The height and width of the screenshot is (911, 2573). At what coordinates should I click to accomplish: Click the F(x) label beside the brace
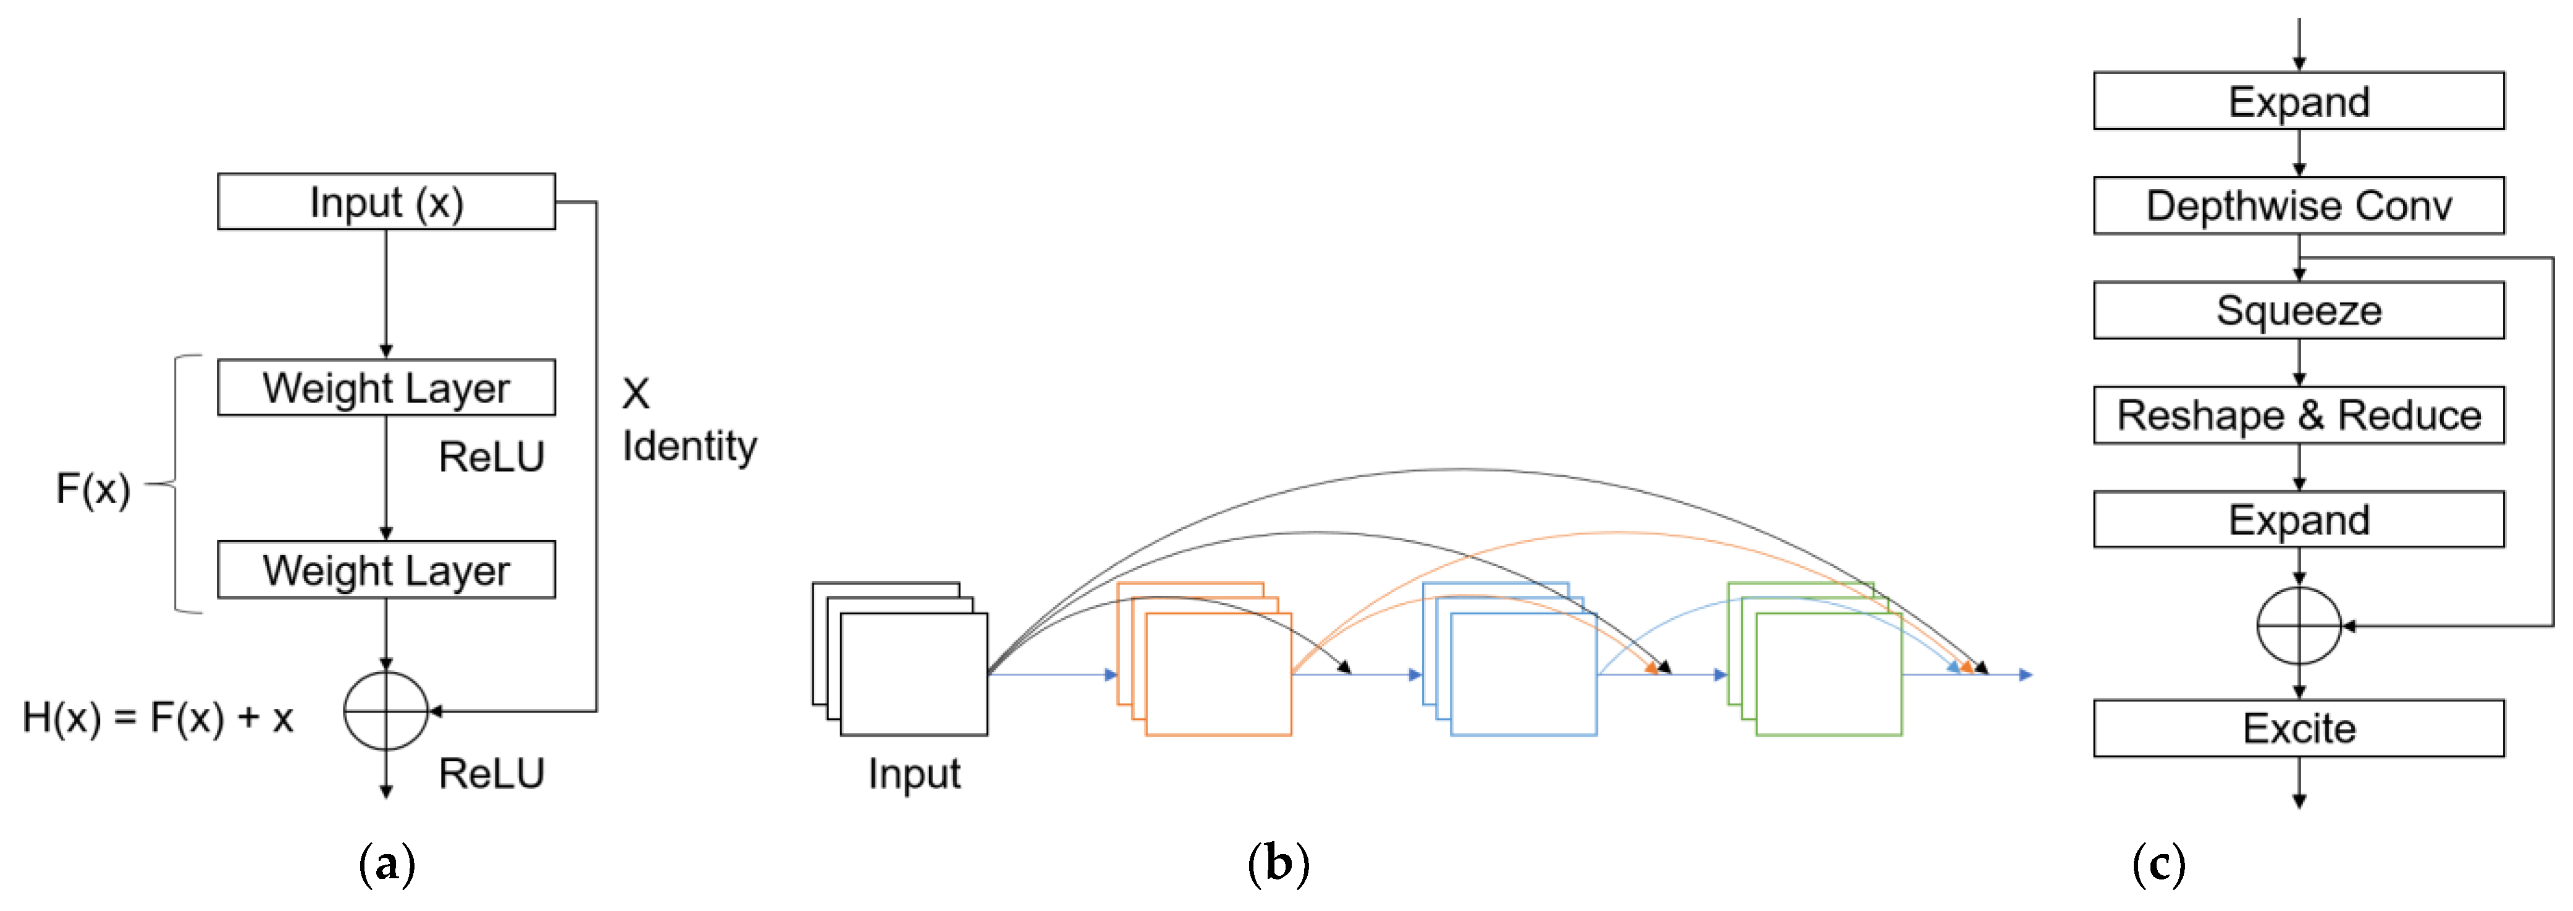point(93,488)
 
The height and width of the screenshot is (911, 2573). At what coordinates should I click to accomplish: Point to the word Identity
point(689,446)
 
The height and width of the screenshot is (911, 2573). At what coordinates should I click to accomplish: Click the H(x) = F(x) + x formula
point(158,717)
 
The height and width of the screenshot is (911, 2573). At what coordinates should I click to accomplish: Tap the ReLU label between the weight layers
point(491,457)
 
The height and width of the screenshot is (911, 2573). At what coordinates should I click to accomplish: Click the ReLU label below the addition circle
point(491,773)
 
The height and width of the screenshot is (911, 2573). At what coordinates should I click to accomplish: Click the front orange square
point(1219,676)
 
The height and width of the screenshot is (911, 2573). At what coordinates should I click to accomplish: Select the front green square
point(1828,676)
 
